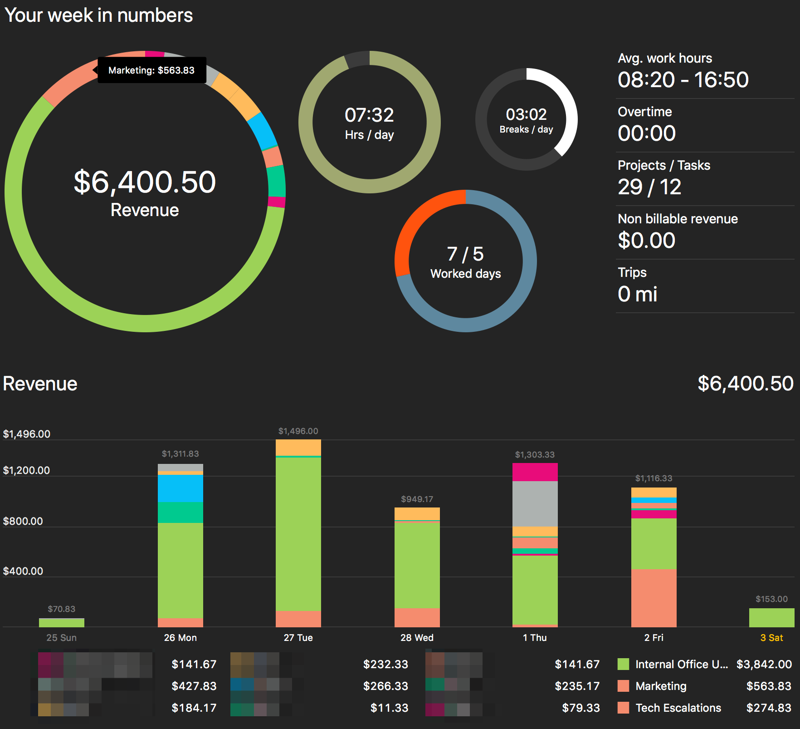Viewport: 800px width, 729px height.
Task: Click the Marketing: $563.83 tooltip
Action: click(151, 70)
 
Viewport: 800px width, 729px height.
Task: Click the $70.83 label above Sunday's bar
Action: click(62, 609)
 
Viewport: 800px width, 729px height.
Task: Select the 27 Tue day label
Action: click(298, 637)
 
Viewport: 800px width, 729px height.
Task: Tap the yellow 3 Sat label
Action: click(771, 637)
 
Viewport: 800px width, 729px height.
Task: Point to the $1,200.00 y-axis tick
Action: click(27, 470)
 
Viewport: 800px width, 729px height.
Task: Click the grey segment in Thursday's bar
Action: click(535, 503)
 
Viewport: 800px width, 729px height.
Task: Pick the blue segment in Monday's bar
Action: click(180, 488)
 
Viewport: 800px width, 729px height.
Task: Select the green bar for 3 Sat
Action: click(771, 617)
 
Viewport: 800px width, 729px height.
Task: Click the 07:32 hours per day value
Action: click(369, 115)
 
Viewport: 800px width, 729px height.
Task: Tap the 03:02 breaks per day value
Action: click(526, 114)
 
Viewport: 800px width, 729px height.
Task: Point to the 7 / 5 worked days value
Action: click(465, 254)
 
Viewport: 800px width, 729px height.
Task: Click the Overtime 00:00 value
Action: click(647, 133)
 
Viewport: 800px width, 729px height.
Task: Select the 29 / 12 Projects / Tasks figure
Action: click(649, 187)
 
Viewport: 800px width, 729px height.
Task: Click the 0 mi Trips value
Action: click(637, 294)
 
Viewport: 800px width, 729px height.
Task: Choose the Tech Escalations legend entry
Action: click(678, 708)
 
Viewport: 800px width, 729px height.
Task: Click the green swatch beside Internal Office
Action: click(623, 664)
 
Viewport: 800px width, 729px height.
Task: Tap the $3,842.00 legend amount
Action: click(764, 664)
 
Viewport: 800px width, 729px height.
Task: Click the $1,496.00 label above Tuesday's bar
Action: click(298, 431)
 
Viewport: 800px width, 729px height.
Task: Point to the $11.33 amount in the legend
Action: click(389, 708)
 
